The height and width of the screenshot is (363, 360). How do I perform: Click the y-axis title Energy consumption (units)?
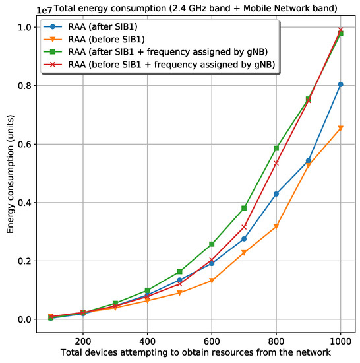10,174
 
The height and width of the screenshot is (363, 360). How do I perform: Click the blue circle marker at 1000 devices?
341,84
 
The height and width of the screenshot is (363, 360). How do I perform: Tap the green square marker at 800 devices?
277,148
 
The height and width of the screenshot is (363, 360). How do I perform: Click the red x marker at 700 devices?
244,227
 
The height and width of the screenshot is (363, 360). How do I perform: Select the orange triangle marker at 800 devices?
277,226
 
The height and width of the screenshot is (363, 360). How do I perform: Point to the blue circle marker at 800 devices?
277,194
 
